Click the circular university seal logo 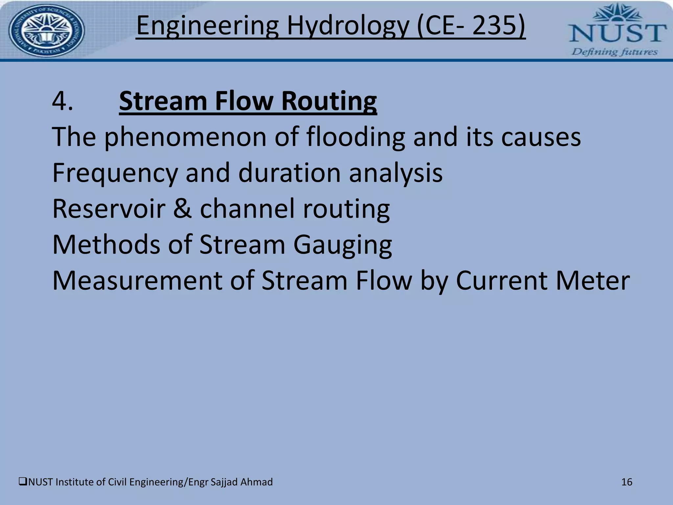click(46, 31)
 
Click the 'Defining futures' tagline click(615, 52)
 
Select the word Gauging click(342, 245)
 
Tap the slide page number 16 click(627, 482)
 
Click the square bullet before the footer click(23, 482)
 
